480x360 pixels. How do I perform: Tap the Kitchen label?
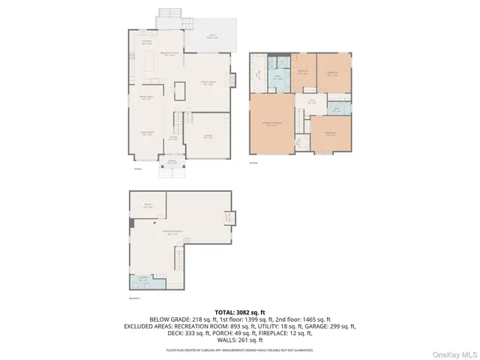[148, 43]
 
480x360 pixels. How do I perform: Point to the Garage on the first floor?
[208, 136]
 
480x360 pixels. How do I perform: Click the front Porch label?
[171, 162]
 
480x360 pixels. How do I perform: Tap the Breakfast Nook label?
[171, 53]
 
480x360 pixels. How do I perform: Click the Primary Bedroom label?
[270, 124]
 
